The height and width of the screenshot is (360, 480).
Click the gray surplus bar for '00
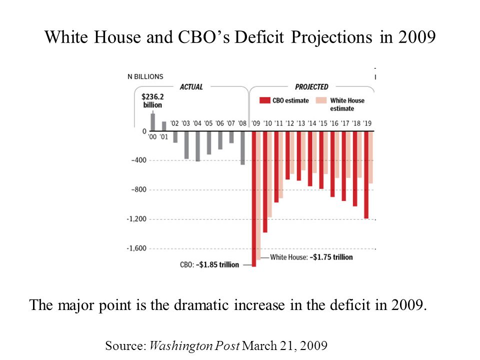[152, 122]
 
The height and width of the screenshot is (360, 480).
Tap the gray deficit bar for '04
[197, 146]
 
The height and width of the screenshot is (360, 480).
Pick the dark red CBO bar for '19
[366, 174]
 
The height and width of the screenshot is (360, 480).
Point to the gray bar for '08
[242, 147]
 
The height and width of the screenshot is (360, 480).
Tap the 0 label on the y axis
[144, 131]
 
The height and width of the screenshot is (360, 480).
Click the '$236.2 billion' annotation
[152, 101]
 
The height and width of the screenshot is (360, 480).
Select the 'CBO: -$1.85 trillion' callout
[209, 264]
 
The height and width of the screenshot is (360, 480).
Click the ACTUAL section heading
[191, 87]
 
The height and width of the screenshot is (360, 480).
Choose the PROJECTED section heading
[311, 87]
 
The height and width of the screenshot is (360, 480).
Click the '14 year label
[312, 123]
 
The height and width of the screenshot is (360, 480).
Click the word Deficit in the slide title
[260, 37]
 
